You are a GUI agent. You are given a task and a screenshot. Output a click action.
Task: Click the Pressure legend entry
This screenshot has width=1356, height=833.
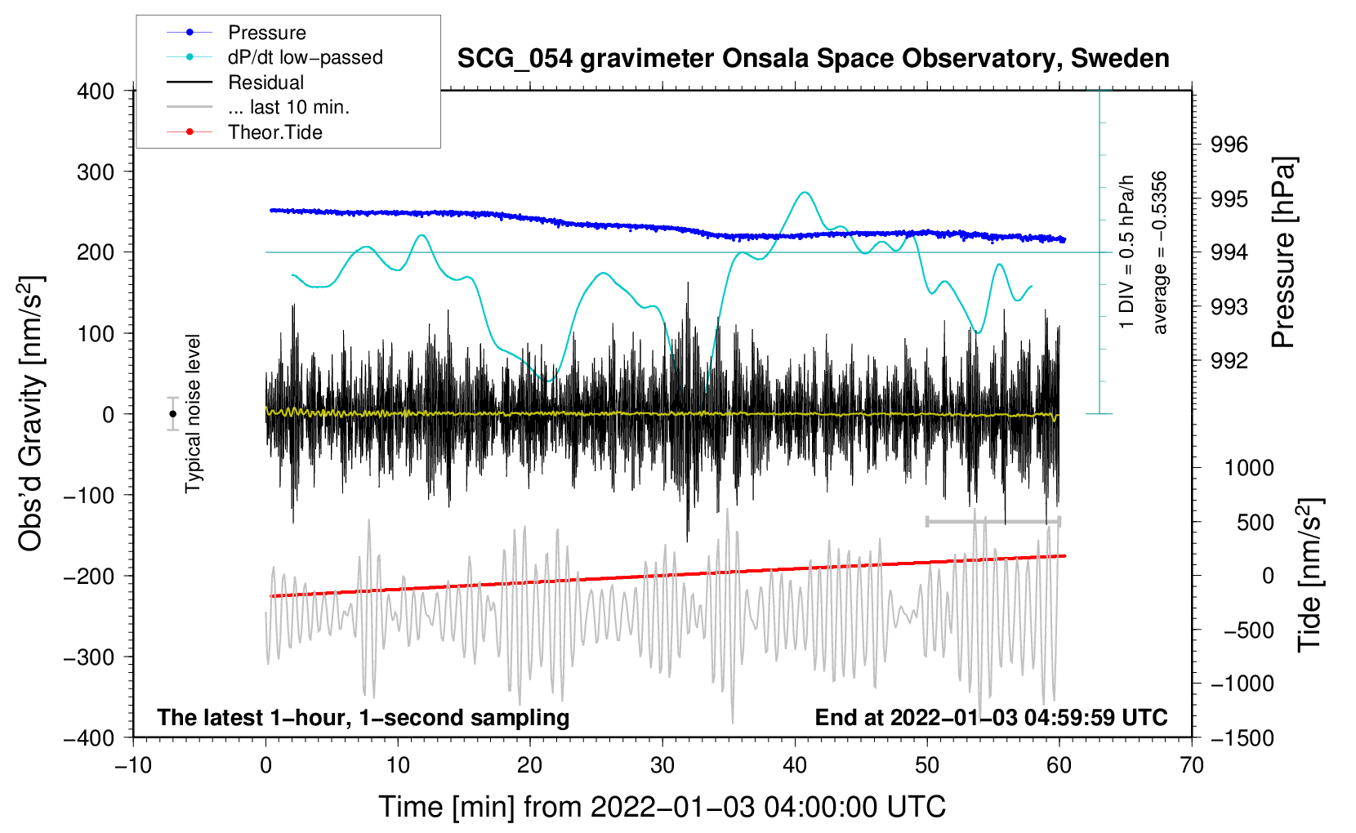point(266,33)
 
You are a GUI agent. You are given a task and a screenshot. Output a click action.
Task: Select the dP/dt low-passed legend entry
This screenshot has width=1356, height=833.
point(305,57)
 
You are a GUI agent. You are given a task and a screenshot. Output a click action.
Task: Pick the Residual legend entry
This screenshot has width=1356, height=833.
point(265,82)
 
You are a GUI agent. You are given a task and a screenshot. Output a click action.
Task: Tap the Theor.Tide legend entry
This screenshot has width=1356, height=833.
point(274,132)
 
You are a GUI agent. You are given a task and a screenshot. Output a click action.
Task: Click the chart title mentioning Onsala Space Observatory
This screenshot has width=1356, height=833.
point(813,59)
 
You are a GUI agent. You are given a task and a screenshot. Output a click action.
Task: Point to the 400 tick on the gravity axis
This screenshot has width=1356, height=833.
point(96,91)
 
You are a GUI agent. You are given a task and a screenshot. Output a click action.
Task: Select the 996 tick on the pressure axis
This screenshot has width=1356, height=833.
point(1229,145)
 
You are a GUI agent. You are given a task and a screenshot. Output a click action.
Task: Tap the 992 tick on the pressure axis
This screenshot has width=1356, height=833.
point(1229,361)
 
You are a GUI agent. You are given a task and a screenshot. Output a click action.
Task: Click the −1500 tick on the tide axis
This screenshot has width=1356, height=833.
point(1242,738)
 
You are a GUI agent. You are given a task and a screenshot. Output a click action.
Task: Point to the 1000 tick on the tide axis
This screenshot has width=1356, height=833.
point(1249,468)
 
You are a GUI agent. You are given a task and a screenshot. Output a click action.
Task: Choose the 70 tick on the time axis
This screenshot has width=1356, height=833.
point(1192,765)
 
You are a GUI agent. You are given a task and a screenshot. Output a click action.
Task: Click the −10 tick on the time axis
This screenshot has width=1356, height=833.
point(133,765)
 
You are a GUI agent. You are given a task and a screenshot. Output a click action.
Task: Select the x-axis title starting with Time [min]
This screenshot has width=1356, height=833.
point(662,807)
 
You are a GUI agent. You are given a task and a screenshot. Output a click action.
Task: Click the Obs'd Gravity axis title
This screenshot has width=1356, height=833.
point(31,414)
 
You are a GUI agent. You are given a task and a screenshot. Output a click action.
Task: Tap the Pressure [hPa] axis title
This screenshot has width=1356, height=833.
point(1284,252)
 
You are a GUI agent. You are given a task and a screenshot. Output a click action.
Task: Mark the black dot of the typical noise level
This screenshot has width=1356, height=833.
point(172,414)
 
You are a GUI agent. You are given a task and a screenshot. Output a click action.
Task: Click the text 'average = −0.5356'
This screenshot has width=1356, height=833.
point(1160,252)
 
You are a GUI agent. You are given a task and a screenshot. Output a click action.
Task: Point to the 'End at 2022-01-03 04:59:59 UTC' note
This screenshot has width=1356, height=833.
point(991,718)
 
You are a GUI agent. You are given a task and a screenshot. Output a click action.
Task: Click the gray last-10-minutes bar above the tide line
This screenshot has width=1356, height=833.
point(992,522)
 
